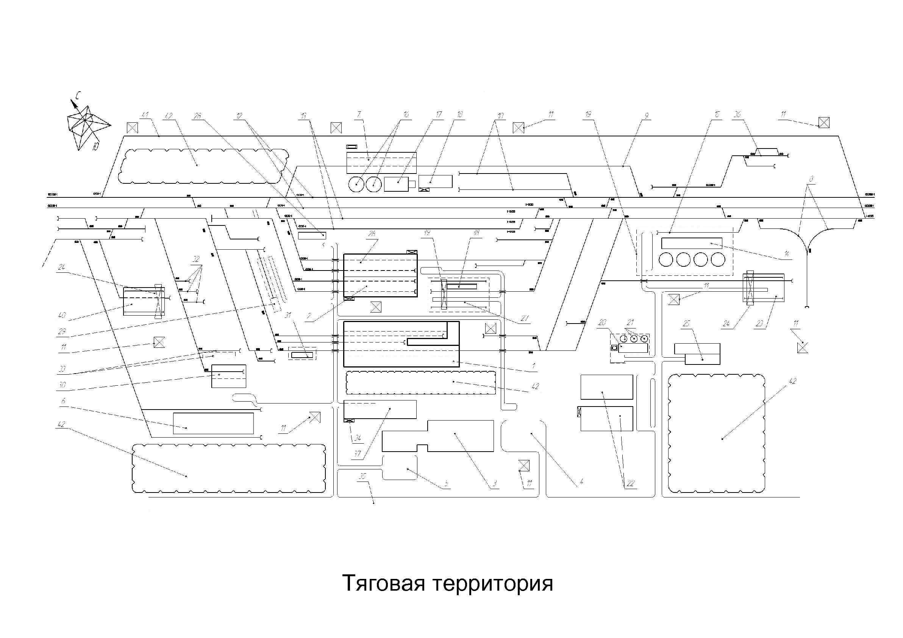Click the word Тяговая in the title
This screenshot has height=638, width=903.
384,583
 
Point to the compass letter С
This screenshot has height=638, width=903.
79,95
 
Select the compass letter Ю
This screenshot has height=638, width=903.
95,146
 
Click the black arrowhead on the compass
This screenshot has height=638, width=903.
73,104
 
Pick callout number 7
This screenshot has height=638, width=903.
359,114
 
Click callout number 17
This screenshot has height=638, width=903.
439,114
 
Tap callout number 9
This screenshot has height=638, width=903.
646,116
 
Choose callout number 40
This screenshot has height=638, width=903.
62,315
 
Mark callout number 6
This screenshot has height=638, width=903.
63,401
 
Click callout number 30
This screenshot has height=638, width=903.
62,385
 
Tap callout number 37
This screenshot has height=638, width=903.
357,454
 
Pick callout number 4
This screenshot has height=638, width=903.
581,482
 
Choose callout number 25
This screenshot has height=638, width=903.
686,324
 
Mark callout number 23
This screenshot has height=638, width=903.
759,324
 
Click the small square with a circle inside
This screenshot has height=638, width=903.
614,348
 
